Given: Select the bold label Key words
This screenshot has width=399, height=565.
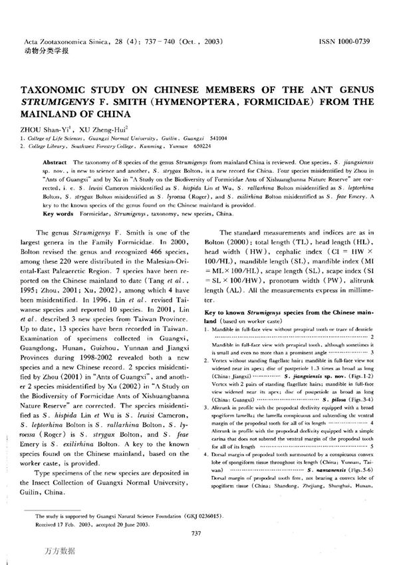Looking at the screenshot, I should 58,214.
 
